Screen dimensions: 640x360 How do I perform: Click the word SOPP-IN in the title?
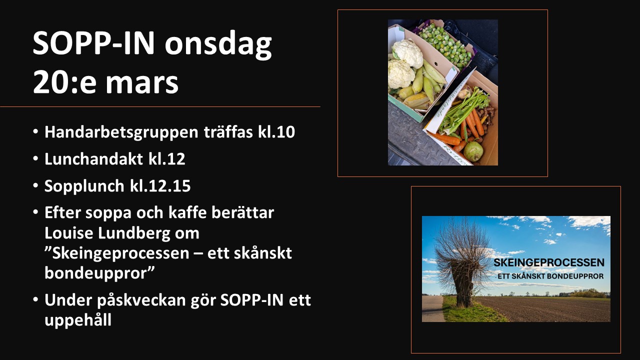tap(93, 43)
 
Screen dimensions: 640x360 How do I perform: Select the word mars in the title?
tap(142, 82)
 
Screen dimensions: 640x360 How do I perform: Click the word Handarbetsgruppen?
tap(121, 132)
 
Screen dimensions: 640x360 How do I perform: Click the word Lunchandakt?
tap(93, 158)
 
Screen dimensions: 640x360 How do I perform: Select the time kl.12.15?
tap(160, 185)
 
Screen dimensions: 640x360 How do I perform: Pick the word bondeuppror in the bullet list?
tap(99, 273)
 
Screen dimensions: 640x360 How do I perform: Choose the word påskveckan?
tap(141, 300)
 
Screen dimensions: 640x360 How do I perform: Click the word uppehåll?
tap(77, 320)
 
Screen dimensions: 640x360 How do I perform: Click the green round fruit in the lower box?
tap(473, 151)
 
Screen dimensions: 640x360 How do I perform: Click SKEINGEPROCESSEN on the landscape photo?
tap(549, 262)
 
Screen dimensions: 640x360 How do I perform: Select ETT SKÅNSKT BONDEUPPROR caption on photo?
tap(550, 276)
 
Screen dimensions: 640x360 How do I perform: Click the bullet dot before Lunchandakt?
tap(35, 158)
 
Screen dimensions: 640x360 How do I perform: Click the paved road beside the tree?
tap(432, 308)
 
